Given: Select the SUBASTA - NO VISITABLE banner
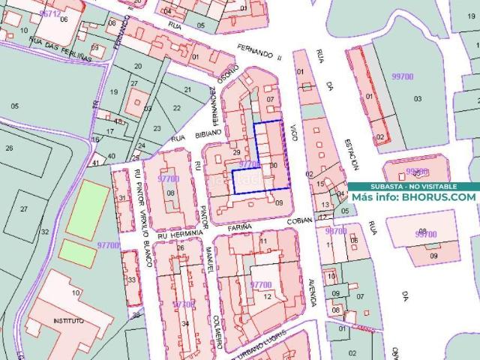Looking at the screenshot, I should click(x=412, y=186).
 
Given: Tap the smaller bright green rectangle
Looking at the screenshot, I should click(x=78, y=253).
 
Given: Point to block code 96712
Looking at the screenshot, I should click(x=50, y=14).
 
